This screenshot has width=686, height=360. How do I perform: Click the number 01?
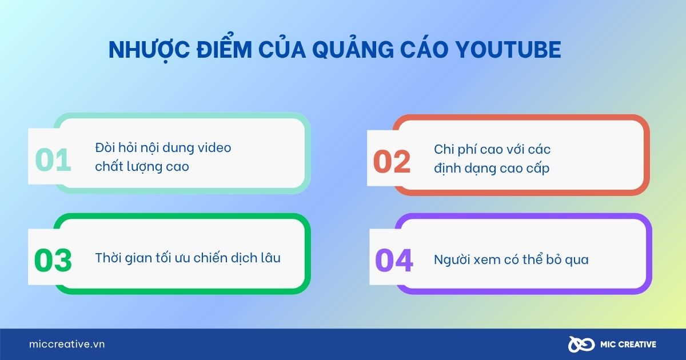53,161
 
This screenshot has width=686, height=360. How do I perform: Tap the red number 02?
392,162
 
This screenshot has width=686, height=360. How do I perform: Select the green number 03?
53,261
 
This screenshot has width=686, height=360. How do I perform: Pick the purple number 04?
394,261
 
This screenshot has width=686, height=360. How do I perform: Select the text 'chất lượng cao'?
142,167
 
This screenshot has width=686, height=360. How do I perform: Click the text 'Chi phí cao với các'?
492,149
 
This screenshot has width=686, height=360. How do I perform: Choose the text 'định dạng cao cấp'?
492,168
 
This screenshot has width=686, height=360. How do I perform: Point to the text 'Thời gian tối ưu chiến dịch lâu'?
188,258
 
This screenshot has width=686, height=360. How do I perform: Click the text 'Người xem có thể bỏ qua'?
511,260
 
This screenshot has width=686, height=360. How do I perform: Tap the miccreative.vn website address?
67,344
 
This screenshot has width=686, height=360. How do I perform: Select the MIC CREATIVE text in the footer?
627,345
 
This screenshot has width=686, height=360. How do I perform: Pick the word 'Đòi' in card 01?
105,147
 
